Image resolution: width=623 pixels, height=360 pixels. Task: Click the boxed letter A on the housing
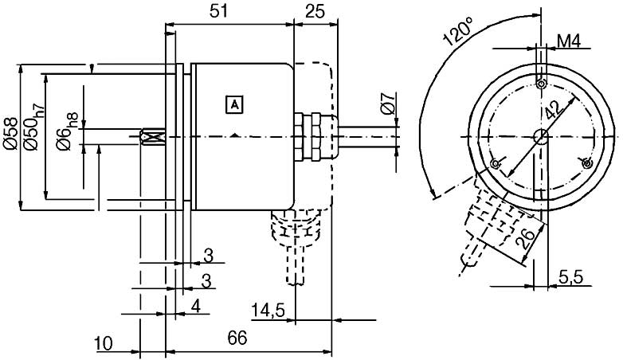click(234, 105)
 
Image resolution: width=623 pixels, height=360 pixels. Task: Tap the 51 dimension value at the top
click(219, 11)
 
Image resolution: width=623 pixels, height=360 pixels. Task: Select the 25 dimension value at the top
click(315, 11)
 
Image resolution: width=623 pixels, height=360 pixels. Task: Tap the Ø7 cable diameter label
click(389, 104)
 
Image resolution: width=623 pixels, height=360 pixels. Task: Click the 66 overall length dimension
click(237, 338)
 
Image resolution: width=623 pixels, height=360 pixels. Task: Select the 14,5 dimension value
click(268, 310)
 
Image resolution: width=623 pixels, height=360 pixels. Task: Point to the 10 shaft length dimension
click(104, 343)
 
